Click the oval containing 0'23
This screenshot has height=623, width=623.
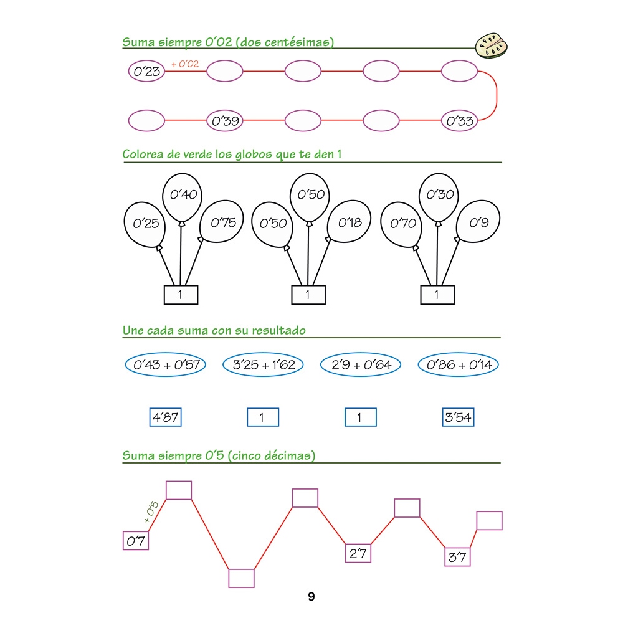click(x=146, y=72)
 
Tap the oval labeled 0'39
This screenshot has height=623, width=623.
click(x=225, y=121)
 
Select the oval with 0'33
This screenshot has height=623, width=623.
click(x=460, y=121)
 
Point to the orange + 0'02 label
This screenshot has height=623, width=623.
click(x=188, y=64)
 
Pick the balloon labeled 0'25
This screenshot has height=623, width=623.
click(x=146, y=223)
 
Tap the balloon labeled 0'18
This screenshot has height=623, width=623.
click(x=350, y=222)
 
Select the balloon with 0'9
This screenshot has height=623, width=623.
click(x=478, y=222)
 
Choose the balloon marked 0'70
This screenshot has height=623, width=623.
click(x=402, y=222)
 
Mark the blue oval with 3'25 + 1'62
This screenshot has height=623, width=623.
click(x=263, y=365)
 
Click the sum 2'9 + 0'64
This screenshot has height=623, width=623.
click(x=361, y=365)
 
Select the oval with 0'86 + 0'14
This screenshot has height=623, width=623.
click(x=459, y=365)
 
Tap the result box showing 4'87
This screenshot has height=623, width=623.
click(x=165, y=417)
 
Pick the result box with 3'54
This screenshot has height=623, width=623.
click(x=458, y=417)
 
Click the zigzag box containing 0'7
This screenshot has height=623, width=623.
click(x=136, y=541)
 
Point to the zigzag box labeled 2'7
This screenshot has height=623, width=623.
click(x=358, y=553)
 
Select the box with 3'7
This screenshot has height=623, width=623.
click(x=457, y=557)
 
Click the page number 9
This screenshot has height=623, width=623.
click(x=311, y=597)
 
